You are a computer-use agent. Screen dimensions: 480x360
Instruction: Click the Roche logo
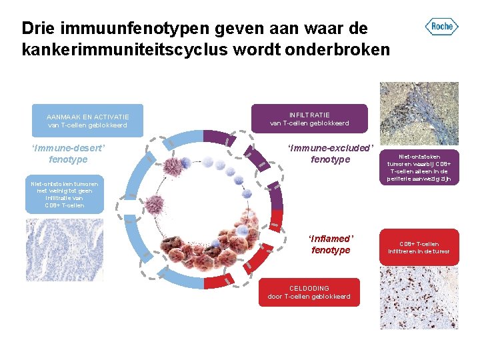point(442,27)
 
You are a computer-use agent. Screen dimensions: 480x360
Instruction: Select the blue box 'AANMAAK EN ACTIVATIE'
point(87,120)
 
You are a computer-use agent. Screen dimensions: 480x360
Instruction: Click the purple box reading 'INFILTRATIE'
point(309,119)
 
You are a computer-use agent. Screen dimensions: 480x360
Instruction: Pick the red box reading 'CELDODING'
point(309,292)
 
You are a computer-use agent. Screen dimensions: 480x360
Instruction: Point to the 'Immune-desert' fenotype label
point(69,153)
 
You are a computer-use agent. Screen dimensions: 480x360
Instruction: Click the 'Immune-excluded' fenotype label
point(331,153)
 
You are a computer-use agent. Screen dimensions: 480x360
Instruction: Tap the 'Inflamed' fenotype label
point(331,244)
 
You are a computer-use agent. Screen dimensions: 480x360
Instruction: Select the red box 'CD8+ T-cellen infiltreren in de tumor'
point(419,247)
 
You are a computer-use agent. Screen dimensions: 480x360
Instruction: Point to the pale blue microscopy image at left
point(65,241)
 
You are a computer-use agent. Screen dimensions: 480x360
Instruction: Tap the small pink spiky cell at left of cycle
point(155,205)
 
